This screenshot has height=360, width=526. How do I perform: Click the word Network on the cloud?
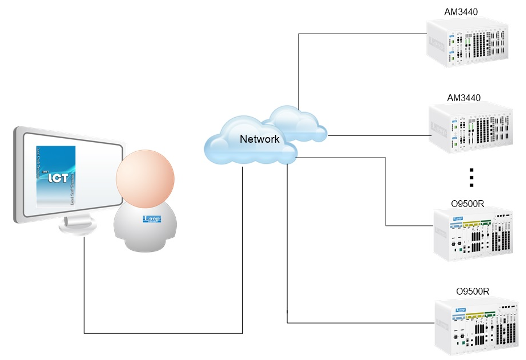pos(259,139)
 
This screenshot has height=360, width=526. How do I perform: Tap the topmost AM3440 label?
pos(461,12)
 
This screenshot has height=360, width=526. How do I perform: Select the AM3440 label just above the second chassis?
pos(463,97)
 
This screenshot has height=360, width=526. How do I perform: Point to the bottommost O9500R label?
pos(473,291)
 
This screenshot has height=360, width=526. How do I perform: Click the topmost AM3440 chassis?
pos(473,43)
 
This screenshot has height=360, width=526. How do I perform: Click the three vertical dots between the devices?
pos(471,177)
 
